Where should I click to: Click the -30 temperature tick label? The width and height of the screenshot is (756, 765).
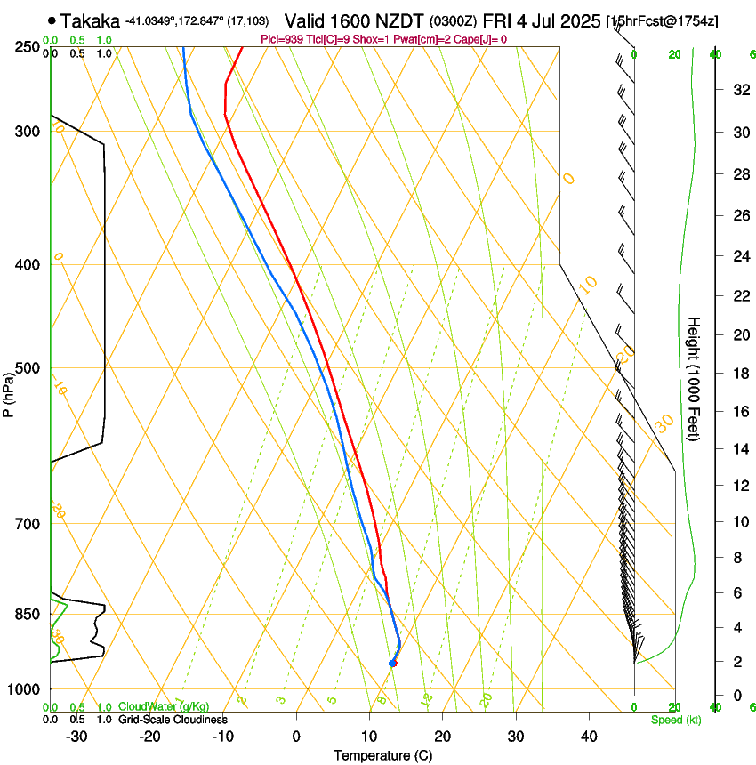[x=76, y=737]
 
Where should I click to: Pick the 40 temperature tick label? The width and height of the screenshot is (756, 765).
[x=588, y=737]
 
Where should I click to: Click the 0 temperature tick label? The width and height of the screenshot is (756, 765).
[x=296, y=737]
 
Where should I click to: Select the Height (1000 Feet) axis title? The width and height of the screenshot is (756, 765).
[x=695, y=378]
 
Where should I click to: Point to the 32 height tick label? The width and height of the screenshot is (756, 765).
[x=738, y=89]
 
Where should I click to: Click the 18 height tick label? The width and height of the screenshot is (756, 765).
[x=738, y=373]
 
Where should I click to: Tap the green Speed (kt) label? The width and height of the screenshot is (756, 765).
[x=676, y=720]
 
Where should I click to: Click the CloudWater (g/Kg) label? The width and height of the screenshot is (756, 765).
[x=164, y=707]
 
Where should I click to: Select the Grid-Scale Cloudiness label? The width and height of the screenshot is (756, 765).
[x=173, y=720]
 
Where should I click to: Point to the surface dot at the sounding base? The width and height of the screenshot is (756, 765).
[x=392, y=664]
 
